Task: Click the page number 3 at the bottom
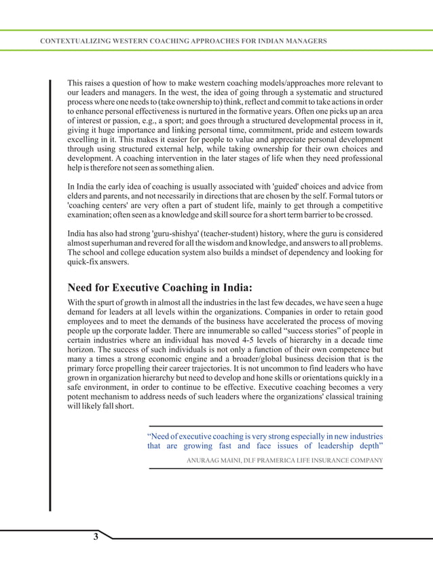[x=96, y=537]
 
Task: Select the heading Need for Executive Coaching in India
[x=159, y=286]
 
